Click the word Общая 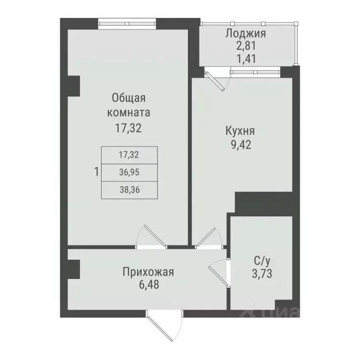(129, 98)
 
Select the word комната (129, 112)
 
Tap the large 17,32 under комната (129, 127)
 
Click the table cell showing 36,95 (130, 172)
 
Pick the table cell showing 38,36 (130, 189)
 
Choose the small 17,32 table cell (130, 154)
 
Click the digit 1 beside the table (96, 172)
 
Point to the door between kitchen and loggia (217, 79)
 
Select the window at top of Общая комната (127, 22)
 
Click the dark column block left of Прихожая (74, 270)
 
